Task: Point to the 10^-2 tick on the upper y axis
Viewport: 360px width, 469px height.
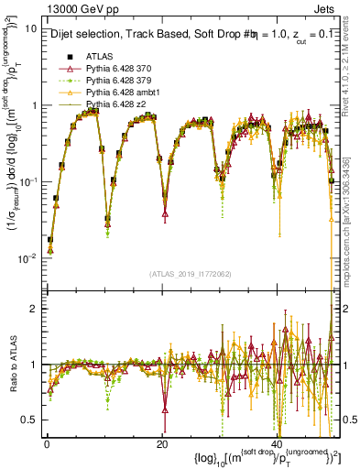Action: pos(27,258)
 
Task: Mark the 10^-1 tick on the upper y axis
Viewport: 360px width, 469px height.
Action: pos(27,181)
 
